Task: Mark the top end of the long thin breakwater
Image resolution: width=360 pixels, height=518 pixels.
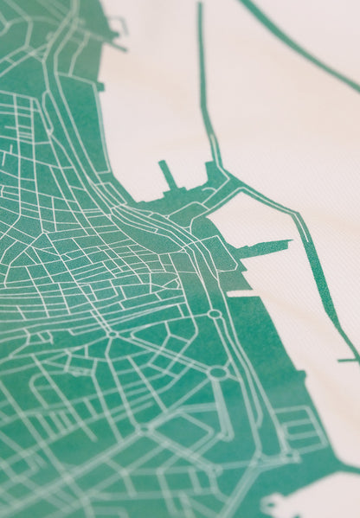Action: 199,7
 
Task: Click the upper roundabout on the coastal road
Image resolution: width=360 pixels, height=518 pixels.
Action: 215,313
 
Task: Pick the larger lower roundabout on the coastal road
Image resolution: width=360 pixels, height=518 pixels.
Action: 218,373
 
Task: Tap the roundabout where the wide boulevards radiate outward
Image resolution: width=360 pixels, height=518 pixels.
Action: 112,333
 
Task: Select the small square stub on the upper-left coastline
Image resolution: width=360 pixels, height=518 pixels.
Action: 101,86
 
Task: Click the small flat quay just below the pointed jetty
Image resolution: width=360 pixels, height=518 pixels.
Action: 242,293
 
